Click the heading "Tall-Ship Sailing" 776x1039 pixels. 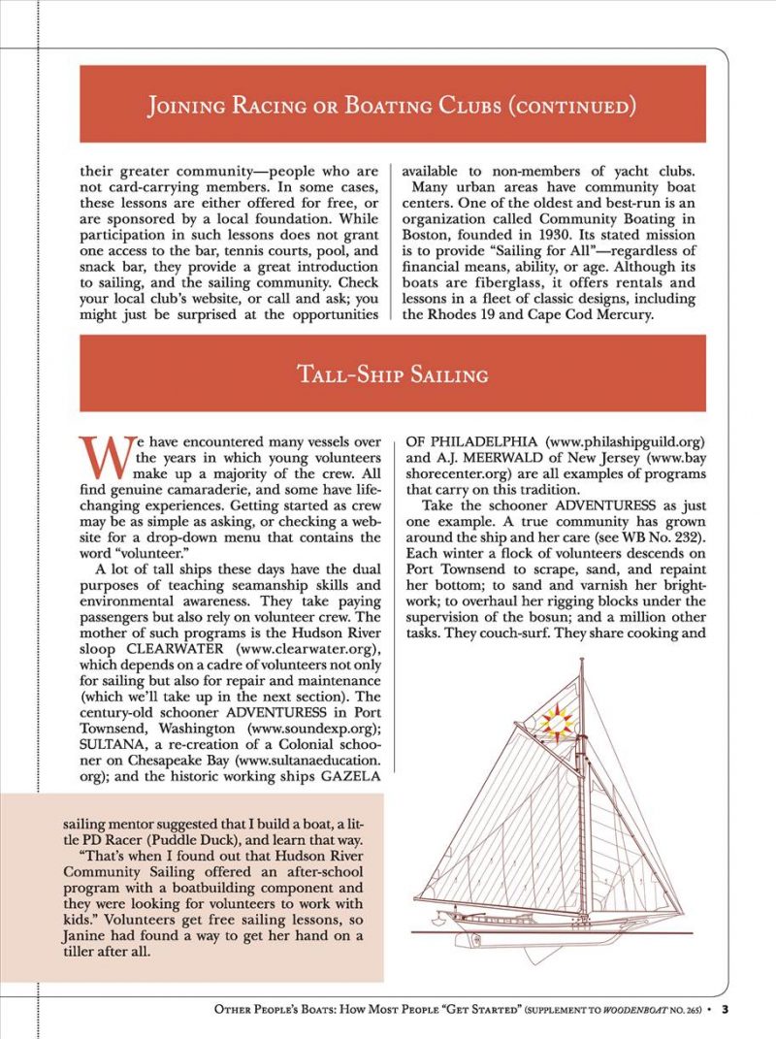pyautogui.click(x=392, y=373)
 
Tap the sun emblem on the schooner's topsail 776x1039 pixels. pyautogui.click(x=558, y=723)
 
